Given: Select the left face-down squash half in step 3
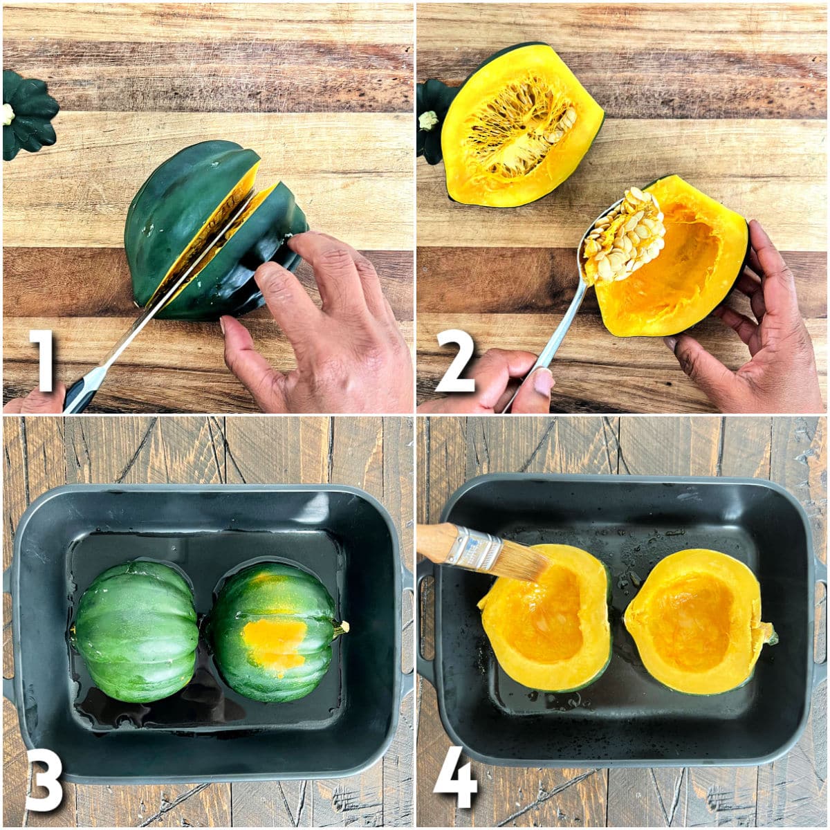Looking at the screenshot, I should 135,629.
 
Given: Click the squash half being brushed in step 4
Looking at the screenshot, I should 546,619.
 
